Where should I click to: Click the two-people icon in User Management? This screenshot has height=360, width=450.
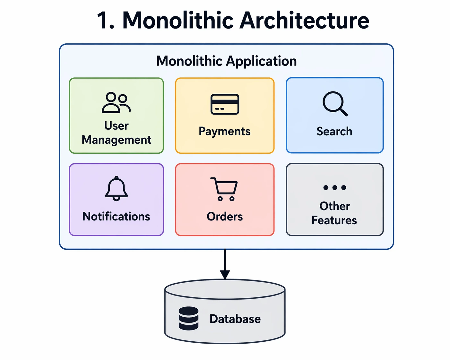point(116,103)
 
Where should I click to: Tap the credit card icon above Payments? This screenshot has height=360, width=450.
point(225,104)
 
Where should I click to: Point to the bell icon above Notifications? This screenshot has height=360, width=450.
point(117,189)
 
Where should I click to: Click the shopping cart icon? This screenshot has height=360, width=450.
point(224,189)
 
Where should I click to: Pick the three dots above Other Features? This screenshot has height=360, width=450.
point(335,188)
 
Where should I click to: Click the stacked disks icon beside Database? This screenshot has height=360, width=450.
point(188,318)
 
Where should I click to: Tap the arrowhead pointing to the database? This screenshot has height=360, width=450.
point(225,275)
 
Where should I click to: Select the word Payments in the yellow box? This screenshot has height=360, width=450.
point(224,132)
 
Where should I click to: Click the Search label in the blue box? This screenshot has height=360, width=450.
point(334,132)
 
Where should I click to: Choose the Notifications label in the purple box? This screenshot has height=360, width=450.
point(116,217)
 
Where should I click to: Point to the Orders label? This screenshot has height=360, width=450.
point(224,217)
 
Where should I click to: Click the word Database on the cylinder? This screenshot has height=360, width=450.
point(235,319)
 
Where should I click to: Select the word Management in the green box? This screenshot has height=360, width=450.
point(116,140)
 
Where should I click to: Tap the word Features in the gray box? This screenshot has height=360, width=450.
point(334,220)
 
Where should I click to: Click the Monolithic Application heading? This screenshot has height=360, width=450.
point(226,61)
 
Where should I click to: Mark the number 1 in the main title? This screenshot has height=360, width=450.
point(103,21)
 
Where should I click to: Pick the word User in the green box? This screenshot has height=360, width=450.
point(116,126)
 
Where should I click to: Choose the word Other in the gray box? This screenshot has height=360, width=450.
point(334,206)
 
